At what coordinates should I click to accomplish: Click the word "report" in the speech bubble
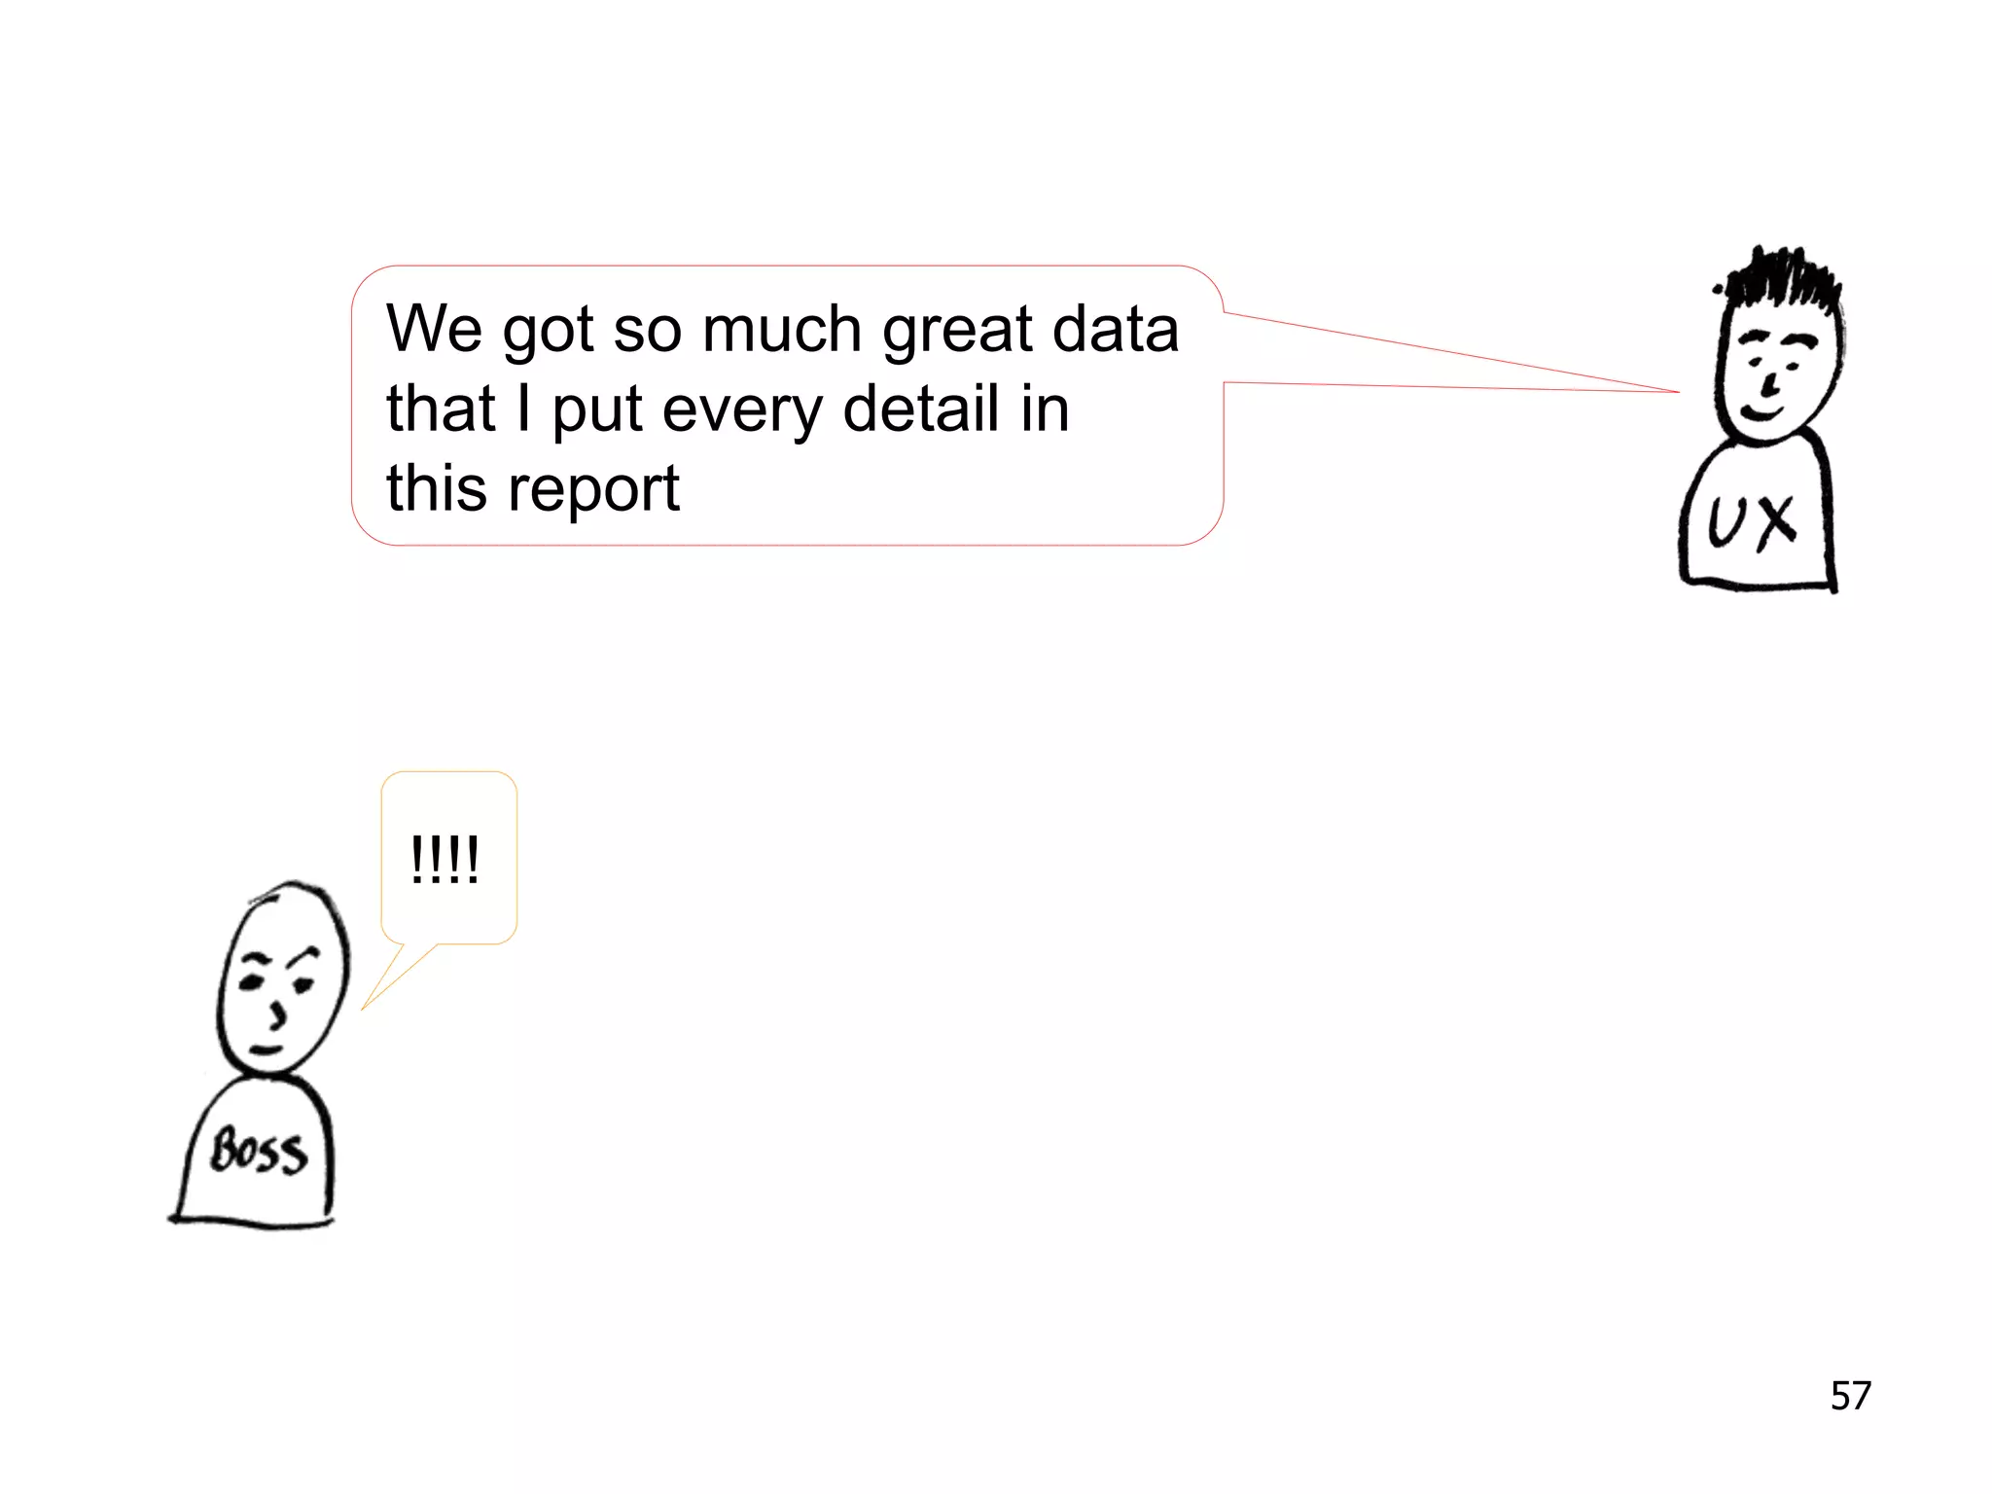point(592,489)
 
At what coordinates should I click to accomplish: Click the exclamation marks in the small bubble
point(445,860)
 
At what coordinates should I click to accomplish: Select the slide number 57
point(1850,1396)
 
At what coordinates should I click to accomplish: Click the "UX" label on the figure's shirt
point(1752,523)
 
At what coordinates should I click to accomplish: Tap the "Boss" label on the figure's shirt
point(259,1153)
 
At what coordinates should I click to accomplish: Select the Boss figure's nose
point(279,1014)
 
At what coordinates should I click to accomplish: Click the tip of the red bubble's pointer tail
point(1679,392)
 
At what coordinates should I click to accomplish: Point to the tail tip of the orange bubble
point(362,1009)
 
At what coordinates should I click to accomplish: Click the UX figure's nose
point(1773,381)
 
